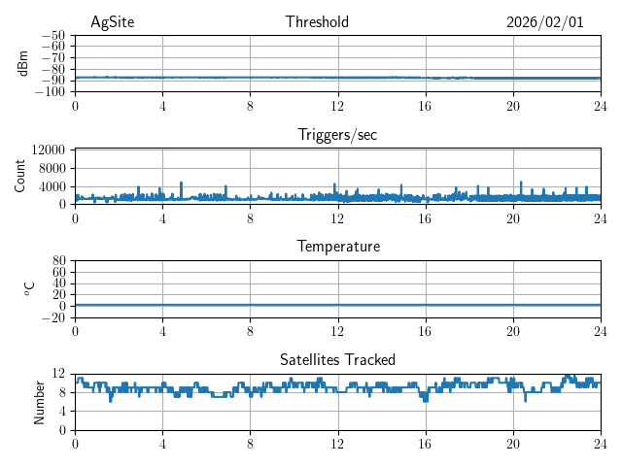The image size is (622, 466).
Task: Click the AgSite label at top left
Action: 112,22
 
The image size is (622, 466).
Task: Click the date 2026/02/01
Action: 544,22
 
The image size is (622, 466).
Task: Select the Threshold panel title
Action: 317,22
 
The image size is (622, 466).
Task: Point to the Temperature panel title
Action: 337,247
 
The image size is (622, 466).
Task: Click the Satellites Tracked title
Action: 337,359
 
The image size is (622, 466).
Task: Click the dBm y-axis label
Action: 24,63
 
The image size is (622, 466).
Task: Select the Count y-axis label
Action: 20,176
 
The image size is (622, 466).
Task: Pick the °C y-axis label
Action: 30,288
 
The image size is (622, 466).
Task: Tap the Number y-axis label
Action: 40,401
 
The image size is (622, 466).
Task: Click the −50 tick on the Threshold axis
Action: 52,35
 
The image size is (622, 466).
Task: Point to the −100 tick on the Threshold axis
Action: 50,91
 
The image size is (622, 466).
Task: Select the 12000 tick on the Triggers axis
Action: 49,150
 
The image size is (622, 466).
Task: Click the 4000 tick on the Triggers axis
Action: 52,186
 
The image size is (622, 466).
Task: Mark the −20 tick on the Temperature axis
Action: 52,317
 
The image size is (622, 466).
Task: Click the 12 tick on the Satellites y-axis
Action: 58,374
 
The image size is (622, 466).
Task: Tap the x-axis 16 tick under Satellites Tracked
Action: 426,444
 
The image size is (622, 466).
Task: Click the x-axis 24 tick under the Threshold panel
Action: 601,106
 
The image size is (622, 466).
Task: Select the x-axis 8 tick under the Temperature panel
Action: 251,331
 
